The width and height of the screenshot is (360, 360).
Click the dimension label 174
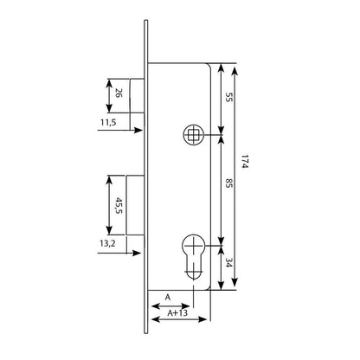(x=245, y=162)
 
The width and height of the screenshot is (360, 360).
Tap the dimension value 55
(x=228, y=98)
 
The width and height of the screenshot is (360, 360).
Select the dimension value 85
(x=228, y=183)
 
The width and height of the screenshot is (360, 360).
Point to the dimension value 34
(x=228, y=263)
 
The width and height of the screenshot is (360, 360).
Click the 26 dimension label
(x=119, y=93)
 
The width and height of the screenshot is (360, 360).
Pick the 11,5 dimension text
(x=108, y=122)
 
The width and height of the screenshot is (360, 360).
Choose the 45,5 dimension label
(x=119, y=205)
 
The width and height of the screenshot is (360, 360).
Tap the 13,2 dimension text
(x=107, y=244)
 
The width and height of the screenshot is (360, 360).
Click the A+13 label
(x=177, y=312)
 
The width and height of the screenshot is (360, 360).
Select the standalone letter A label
(x=168, y=298)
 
